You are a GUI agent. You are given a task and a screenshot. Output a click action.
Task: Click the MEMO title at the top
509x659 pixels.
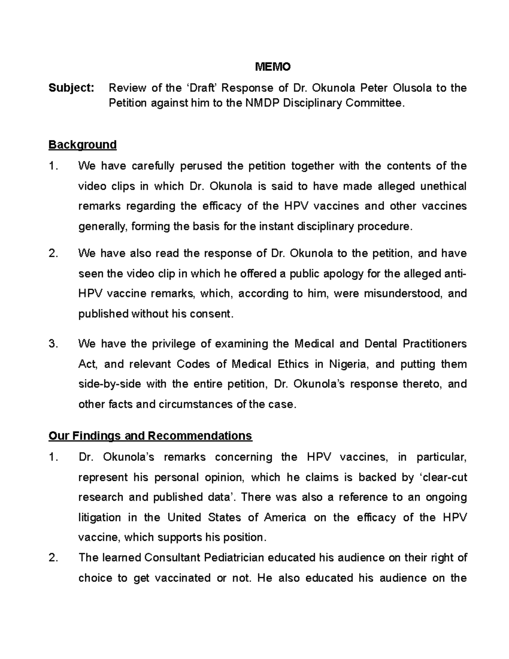(272, 67)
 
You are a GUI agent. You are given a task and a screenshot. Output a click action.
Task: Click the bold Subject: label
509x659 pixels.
(71, 88)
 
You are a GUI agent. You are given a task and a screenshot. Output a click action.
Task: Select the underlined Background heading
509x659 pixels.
(82, 145)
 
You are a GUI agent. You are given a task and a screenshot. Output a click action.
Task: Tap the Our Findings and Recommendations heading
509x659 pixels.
(150, 436)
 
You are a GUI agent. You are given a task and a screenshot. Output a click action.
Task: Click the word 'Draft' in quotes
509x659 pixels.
(201, 88)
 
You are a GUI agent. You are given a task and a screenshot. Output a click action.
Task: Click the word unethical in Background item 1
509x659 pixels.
(443, 186)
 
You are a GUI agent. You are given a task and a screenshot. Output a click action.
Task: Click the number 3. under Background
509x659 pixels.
(53, 344)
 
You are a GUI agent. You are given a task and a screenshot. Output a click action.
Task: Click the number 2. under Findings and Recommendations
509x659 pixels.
(53, 558)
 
